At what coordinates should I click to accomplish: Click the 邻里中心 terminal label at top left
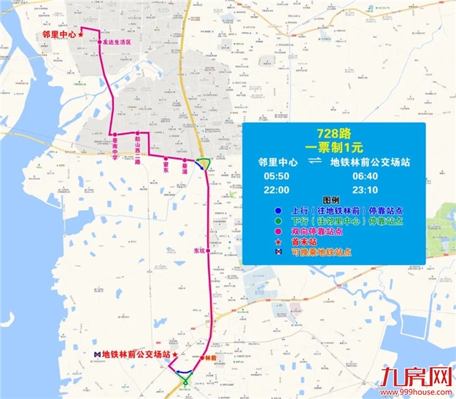click(x=59, y=33)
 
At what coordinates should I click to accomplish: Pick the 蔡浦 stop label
click(x=185, y=167)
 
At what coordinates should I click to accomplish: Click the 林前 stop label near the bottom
click(x=211, y=358)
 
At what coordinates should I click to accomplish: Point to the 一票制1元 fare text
click(x=330, y=146)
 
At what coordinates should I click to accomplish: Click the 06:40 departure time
click(x=366, y=177)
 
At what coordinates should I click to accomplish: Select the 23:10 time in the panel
click(x=366, y=190)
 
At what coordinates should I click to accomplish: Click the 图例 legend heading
click(x=331, y=200)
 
